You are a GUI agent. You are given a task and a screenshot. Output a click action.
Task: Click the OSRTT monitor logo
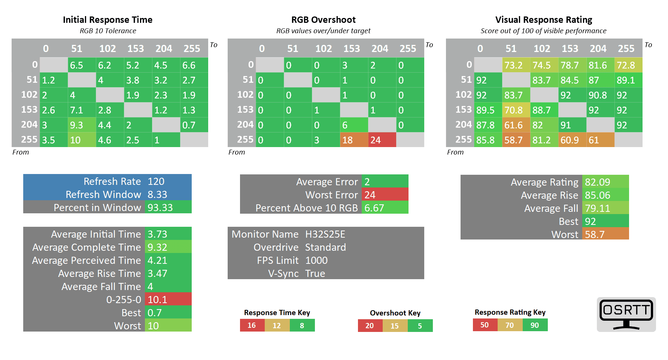[x=626, y=314]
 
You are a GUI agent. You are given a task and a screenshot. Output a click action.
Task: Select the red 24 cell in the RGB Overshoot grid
[x=382, y=140]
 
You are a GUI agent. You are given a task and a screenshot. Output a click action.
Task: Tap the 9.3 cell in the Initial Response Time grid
[x=82, y=125]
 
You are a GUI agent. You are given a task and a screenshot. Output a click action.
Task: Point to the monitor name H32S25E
[x=325, y=234]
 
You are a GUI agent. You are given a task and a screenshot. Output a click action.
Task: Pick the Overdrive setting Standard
[x=325, y=247]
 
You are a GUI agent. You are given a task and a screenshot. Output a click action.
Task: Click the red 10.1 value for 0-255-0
[x=168, y=299]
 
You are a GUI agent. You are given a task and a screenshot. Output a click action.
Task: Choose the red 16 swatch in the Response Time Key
[x=252, y=325]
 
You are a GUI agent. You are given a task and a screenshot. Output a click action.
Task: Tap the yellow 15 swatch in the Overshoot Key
[x=395, y=326]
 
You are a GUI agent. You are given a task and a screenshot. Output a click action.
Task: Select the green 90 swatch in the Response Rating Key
[x=535, y=325]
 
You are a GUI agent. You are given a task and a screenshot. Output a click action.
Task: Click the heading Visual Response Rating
[x=544, y=19]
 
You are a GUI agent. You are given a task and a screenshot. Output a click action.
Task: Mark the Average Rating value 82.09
[x=605, y=182]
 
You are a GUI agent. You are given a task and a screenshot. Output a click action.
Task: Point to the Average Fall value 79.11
[x=605, y=208]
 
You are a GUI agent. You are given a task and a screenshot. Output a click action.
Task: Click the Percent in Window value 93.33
[x=168, y=208]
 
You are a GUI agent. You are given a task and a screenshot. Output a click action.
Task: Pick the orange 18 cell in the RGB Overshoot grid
[x=354, y=140]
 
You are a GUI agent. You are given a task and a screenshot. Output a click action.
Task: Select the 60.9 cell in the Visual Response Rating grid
[x=572, y=140]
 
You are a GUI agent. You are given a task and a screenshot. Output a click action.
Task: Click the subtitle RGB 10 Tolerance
[x=108, y=31]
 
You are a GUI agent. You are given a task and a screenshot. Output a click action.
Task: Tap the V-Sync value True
[x=315, y=274]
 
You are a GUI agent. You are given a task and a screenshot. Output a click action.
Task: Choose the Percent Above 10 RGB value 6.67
[x=385, y=208]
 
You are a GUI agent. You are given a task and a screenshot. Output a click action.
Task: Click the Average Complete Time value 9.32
[x=168, y=247]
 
